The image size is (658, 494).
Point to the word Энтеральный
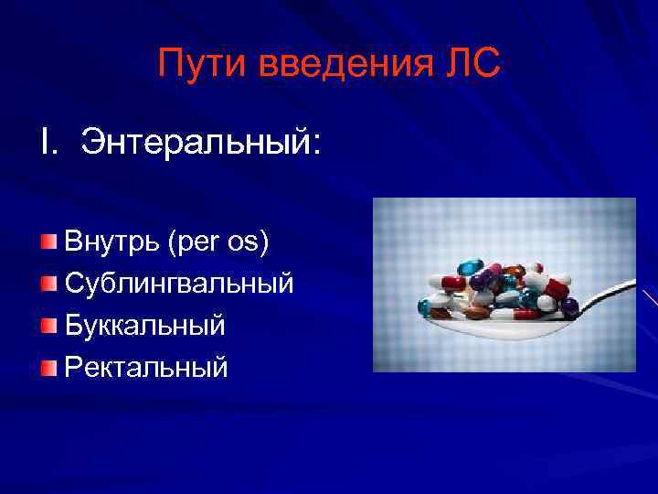[x=201, y=143]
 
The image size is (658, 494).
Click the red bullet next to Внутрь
[x=48, y=242]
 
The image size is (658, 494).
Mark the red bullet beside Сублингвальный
[x=48, y=284]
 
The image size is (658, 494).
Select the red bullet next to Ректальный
[x=48, y=367]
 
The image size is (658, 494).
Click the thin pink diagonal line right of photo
[x=649, y=297]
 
